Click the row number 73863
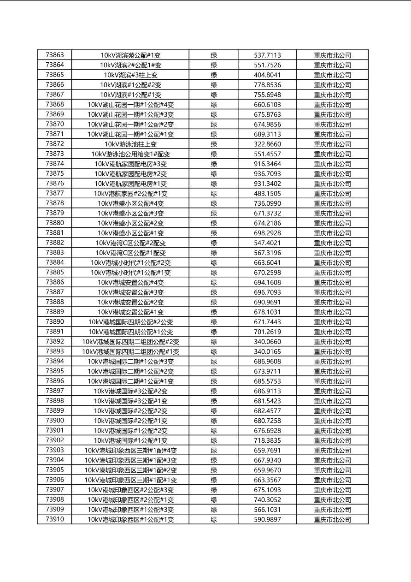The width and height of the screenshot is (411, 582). point(55,55)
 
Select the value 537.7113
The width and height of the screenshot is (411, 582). point(267,55)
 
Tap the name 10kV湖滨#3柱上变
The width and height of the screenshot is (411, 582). point(130,75)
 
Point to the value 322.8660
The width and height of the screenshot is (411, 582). point(267,144)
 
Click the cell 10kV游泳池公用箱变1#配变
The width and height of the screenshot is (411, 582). point(130,154)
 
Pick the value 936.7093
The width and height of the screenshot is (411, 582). point(267,174)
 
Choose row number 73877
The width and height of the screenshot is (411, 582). point(55,193)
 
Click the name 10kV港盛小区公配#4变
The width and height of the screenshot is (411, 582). point(130,203)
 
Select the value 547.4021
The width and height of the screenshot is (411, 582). point(267,243)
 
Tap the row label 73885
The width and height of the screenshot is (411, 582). point(55,272)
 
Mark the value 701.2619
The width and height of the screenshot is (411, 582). point(267,332)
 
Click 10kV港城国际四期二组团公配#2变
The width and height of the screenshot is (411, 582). point(130,342)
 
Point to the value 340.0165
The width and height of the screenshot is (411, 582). point(267,351)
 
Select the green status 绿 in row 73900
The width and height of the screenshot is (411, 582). point(214,421)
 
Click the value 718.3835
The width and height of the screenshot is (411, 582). point(267,440)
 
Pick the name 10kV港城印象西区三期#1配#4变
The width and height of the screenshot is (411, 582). point(130,450)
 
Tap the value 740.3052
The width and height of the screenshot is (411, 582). point(267,499)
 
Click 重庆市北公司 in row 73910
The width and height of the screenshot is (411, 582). point(332,519)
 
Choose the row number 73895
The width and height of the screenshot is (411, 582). point(55,371)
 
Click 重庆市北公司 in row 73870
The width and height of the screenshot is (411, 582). point(332,124)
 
